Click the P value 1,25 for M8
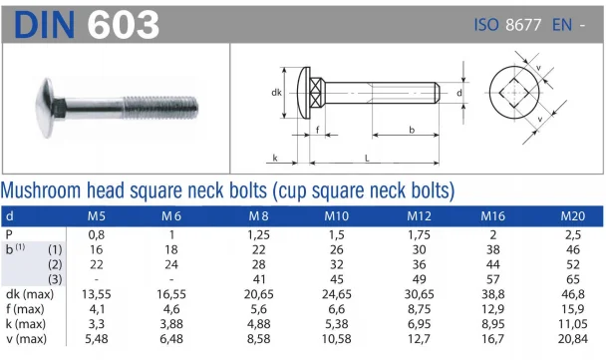tap(259, 232)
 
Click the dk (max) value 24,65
tap(339, 294)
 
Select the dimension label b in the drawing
tap(410, 129)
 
